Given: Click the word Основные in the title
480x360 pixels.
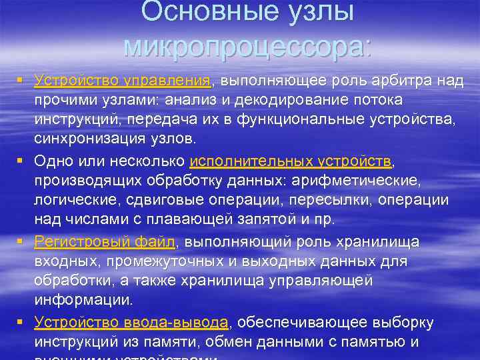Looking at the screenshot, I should point(193,11).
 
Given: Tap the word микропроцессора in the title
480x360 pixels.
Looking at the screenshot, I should point(247,45).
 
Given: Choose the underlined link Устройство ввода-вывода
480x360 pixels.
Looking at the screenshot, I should point(131,323).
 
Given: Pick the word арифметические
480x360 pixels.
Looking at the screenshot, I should point(357,181).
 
